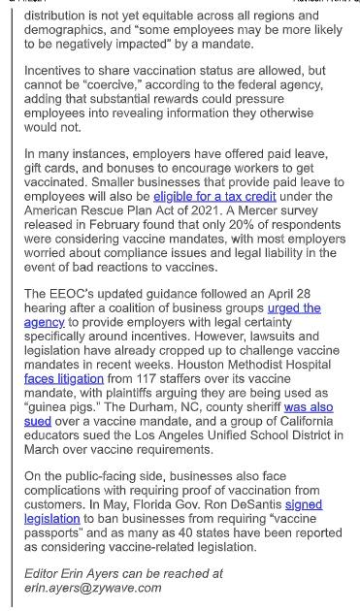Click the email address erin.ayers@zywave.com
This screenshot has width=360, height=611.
pyautogui.click(x=92, y=587)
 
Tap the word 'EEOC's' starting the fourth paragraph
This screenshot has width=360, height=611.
pyautogui.click(x=74, y=294)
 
